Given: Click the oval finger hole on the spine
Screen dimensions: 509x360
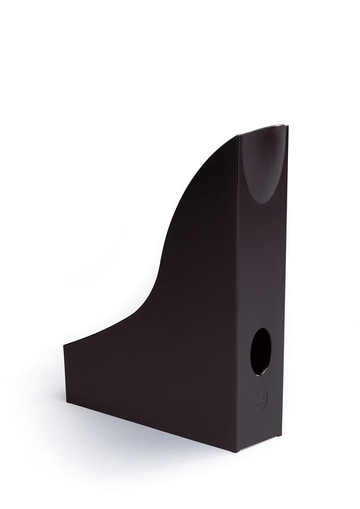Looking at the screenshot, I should click(260, 351).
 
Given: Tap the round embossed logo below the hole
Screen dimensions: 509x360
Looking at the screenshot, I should click(260, 398).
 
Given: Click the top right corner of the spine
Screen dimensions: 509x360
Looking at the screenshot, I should click(287, 126).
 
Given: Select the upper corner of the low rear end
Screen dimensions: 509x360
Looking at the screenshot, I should click(64, 343).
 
